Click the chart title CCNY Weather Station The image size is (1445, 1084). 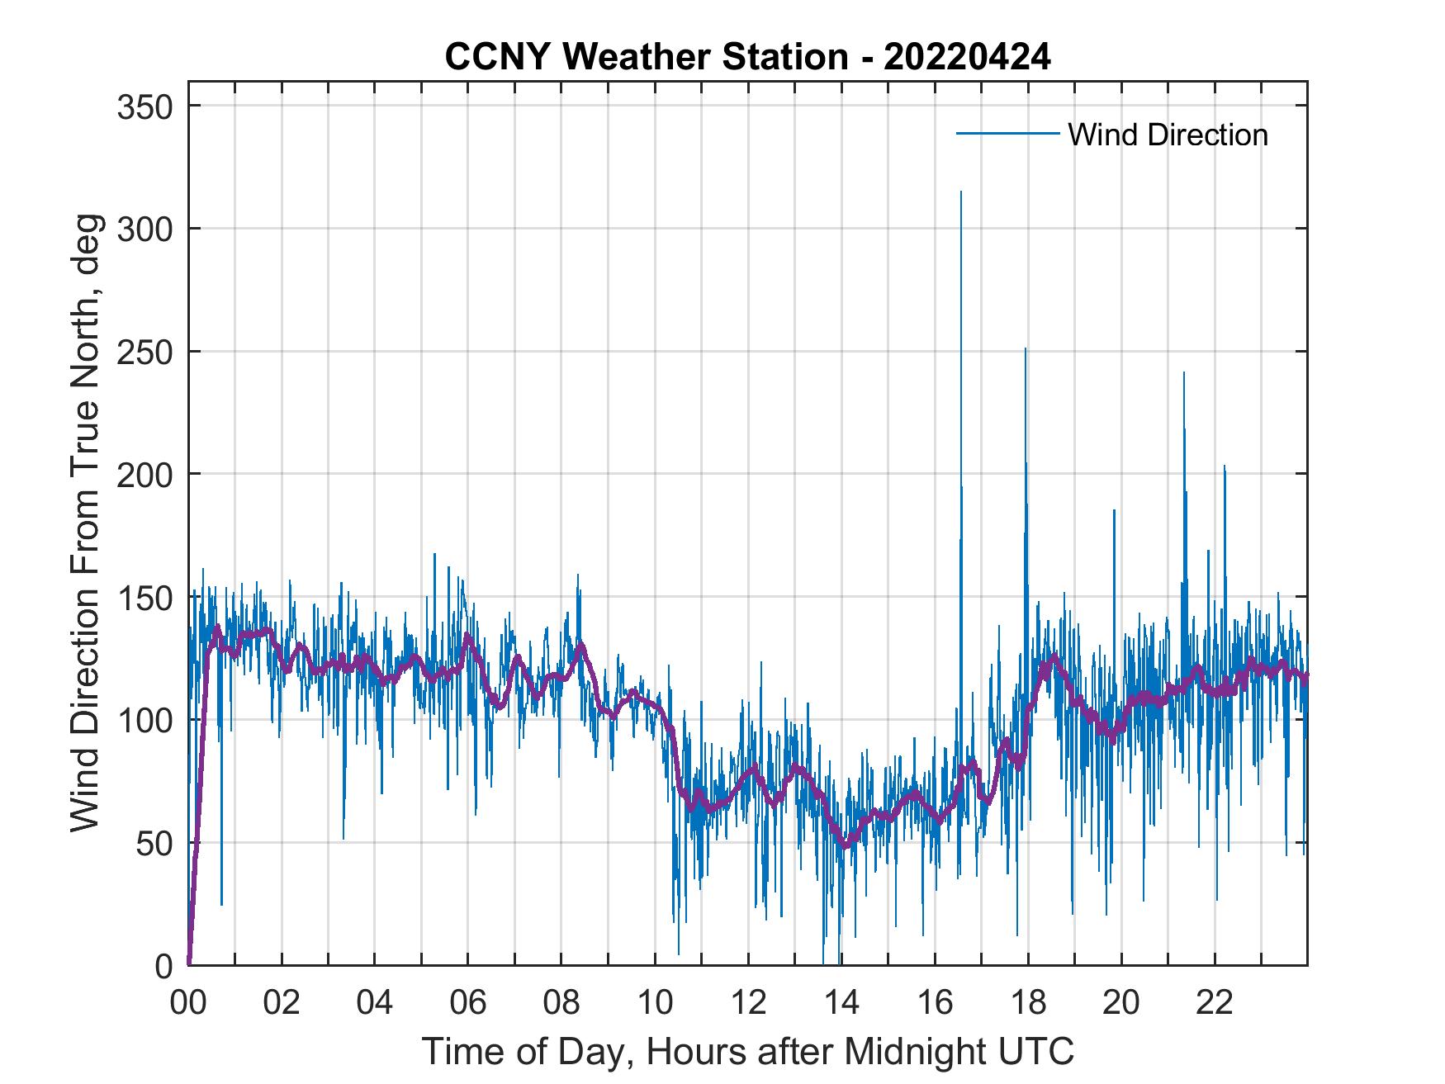(x=747, y=57)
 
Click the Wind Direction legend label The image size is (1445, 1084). (x=1168, y=135)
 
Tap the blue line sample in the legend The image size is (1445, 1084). (x=1007, y=133)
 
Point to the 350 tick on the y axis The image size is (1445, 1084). (x=144, y=107)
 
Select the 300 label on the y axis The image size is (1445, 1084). (x=144, y=229)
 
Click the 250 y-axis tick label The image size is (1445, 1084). (x=144, y=352)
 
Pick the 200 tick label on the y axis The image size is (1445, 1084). (x=144, y=474)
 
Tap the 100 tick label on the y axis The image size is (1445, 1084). (x=144, y=720)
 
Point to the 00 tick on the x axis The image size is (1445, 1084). (x=188, y=1002)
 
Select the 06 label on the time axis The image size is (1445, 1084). (x=468, y=1002)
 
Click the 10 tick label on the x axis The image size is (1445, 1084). (x=655, y=1002)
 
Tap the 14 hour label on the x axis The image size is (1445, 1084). (x=841, y=1002)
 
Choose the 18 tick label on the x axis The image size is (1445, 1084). (x=1028, y=1002)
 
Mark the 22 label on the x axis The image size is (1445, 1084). (x=1215, y=1002)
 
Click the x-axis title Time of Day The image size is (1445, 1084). (x=747, y=1052)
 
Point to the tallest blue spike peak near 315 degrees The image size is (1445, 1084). (x=960, y=192)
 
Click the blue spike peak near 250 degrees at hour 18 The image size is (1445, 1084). (x=1026, y=349)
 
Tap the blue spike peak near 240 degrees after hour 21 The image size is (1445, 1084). (x=1183, y=373)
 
